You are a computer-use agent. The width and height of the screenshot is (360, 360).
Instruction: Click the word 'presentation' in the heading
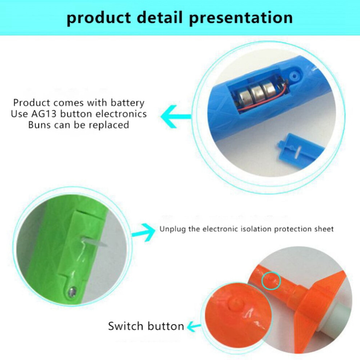241,18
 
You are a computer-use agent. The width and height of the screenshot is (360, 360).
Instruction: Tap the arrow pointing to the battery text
176,117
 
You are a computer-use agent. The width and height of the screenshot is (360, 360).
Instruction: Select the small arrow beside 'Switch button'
194,326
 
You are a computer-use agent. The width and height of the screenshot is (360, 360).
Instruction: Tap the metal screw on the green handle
72,292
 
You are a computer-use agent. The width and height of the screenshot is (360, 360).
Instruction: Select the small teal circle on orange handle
271,281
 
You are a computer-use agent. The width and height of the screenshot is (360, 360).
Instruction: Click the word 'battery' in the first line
127,103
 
